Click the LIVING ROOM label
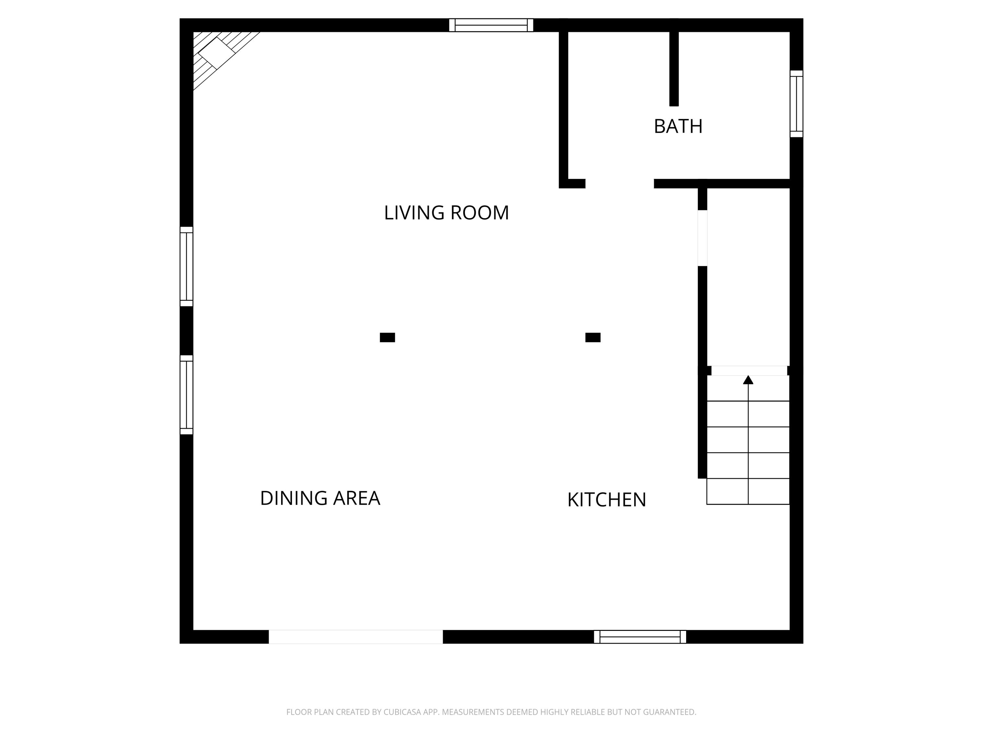tap(446, 213)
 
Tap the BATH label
tap(678, 127)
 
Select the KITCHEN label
tap(607, 500)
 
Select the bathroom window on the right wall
tap(796, 104)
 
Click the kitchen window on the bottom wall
tap(640, 636)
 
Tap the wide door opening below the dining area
tap(356, 636)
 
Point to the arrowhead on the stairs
tap(748, 380)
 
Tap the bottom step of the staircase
tap(748, 491)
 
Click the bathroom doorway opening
tap(620, 183)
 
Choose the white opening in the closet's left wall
tap(702, 238)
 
